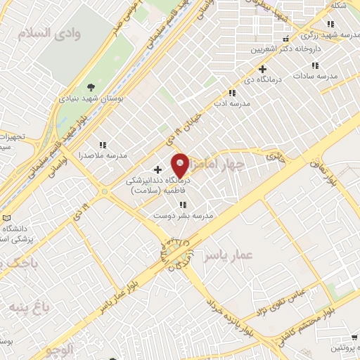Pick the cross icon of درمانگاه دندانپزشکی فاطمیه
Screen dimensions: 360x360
pyautogui.click(x=157, y=169)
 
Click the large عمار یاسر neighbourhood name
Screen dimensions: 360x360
pyautogui.click(x=228, y=256)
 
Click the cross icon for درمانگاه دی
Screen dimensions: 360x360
pyautogui.click(x=263, y=70)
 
